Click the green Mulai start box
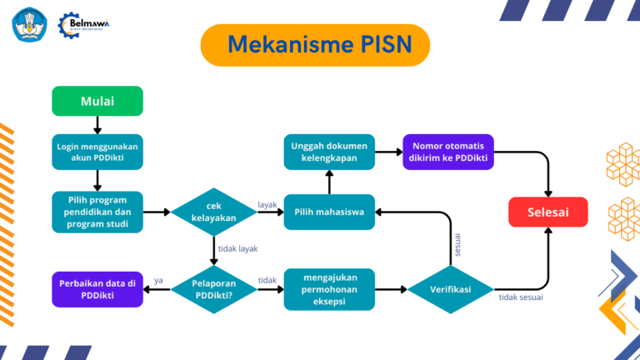click(x=97, y=101)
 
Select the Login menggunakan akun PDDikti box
click(x=97, y=152)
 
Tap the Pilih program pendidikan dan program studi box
click(x=97, y=212)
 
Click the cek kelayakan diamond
click(x=214, y=212)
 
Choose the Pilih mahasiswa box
click(x=329, y=212)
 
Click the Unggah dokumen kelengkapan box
click(x=329, y=152)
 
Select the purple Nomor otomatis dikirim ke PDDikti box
click(x=448, y=152)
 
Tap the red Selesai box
click(x=547, y=212)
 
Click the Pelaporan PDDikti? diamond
click(x=214, y=289)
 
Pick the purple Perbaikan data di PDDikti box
click(x=97, y=289)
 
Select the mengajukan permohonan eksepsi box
click(x=329, y=289)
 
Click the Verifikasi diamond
click(x=451, y=289)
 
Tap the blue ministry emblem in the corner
click(x=29, y=25)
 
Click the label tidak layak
click(x=237, y=249)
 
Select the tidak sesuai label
click(x=523, y=297)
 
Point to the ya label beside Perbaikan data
click(x=158, y=280)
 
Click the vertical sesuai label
click(x=457, y=242)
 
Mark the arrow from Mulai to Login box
click(x=97, y=124)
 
